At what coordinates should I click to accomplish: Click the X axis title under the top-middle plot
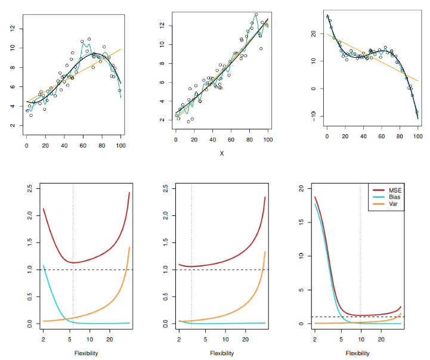click(x=222, y=153)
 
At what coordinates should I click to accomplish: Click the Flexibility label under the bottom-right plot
click(x=357, y=353)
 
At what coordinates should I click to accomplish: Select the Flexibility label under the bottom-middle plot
click(x=222, y=353)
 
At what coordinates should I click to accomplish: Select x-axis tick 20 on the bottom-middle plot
click(x=245, y=339)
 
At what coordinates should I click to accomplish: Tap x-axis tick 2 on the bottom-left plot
click(x=44, y=339)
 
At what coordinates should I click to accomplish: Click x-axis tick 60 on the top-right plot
click(x=381, y=136)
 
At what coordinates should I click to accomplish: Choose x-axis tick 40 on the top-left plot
click(x=64, y=145)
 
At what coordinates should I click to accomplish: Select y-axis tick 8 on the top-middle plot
click(x=161, y=63)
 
